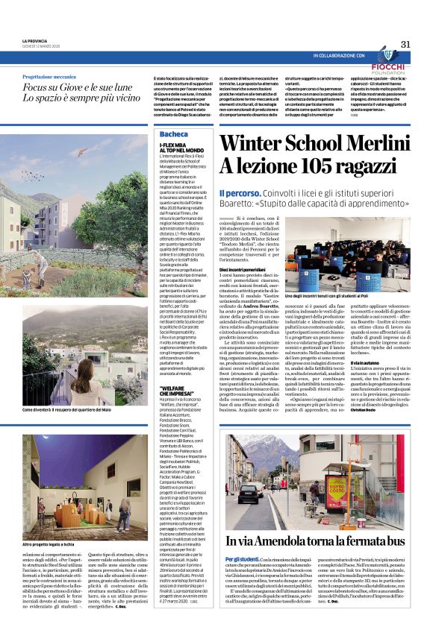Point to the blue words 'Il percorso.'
tap(240, 193)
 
